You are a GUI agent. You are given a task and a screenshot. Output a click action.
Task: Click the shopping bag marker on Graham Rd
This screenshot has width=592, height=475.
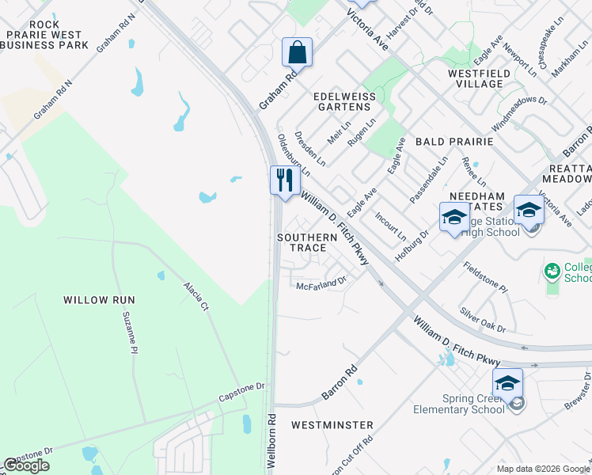pyautogui.click(x=297, y=53)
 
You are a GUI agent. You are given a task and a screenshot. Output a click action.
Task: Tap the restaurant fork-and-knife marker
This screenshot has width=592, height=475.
pyautogui.click(x=285, y=180)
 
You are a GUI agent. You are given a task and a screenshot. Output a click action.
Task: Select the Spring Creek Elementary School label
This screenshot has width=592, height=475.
pyautogui.click(x=459, y=404)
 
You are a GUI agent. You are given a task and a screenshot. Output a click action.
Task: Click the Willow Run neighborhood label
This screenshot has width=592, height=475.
pyautogui.click(x=100, y=300)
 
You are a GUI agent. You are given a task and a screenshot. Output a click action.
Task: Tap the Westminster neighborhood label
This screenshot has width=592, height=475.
pyautogui.click(x=332, y=425)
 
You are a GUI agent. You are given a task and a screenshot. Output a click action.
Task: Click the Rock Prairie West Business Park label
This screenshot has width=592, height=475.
pyautogui.click(x=45, y=40)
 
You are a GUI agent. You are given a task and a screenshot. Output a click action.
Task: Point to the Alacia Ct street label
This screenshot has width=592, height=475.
pyautogui.click(x=195, y=296)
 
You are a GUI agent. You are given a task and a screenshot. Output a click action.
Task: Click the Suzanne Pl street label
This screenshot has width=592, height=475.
pyautogui.click(x=130, y=333)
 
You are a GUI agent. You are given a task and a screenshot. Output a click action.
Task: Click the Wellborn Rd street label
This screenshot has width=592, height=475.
pyautogui.click(x=271, y=440)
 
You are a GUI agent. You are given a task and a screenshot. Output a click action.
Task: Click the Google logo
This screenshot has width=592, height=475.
pyautogui.click(x=26, y=465)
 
